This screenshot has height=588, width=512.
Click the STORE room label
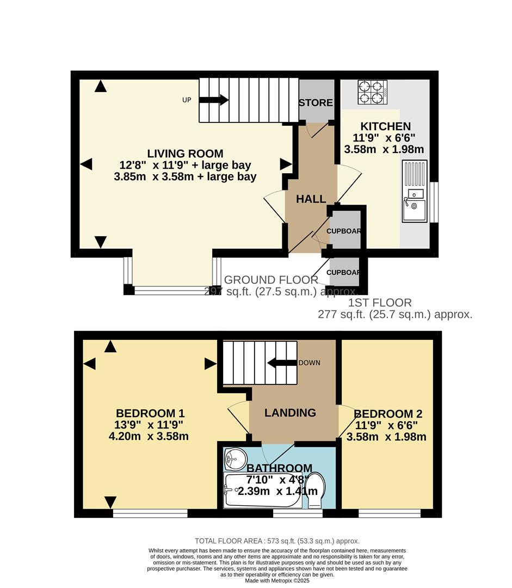point(316,103)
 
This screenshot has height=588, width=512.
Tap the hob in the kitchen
point(372,92)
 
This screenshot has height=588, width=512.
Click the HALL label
point(311,199)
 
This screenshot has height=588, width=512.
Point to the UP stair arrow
point(214,100)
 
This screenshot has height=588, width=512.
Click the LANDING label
point(290,413)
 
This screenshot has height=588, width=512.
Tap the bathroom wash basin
point(235,460)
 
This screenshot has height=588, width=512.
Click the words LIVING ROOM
point(185,154)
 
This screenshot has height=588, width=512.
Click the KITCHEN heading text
point(385,127)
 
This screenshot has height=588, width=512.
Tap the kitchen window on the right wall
point(434,202)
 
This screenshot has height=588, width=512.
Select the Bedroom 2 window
point(390,513)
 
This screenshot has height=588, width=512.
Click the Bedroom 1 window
point(150,513)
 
